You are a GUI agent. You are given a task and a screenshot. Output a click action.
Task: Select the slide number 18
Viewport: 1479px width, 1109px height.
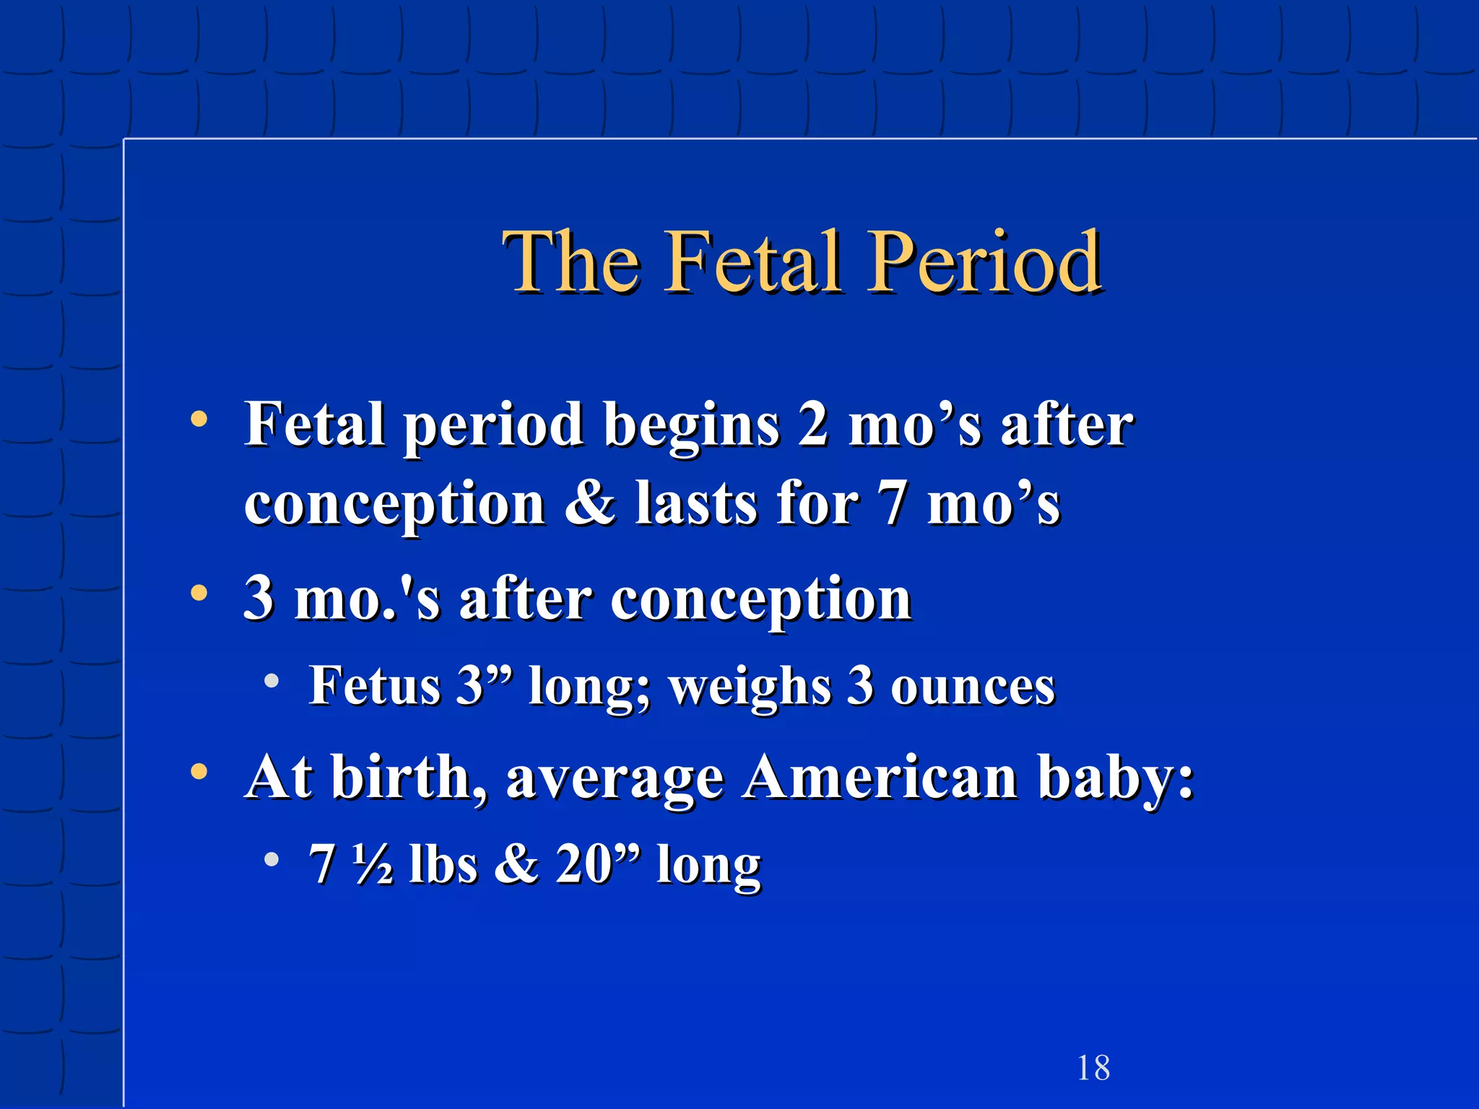1093,1068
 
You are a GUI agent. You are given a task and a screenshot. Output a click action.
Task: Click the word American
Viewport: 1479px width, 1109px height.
880,777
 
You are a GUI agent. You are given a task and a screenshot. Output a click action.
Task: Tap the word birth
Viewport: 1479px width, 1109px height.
408,777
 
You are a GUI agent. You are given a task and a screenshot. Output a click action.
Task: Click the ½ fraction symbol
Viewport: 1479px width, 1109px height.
373,864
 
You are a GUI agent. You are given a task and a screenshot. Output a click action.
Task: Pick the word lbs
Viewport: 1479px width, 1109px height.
443,864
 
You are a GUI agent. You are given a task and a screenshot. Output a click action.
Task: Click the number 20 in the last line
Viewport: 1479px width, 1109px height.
584,864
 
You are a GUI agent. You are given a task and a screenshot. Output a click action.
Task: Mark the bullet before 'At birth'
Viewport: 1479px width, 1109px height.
199,772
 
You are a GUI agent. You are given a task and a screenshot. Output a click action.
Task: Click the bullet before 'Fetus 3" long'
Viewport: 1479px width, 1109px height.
272,681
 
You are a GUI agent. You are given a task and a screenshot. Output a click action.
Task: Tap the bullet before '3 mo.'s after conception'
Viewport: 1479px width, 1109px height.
199,593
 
